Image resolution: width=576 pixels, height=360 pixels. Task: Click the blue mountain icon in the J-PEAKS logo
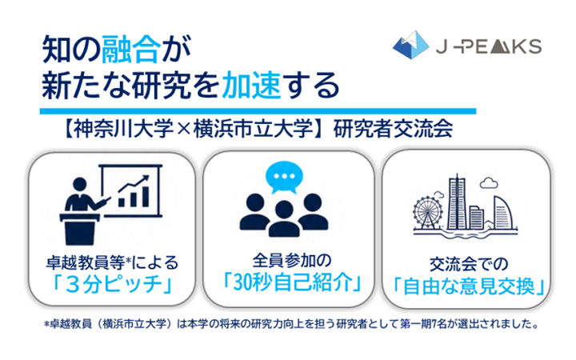410,45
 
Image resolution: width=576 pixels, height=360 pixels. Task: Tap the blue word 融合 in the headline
131,50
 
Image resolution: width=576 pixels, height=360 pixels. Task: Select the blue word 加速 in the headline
252,86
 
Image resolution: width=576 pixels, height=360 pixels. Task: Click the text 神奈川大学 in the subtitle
124,129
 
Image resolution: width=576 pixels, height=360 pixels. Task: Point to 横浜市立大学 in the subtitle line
253,129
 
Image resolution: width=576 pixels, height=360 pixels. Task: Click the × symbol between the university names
184,130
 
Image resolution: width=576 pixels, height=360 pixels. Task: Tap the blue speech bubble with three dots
284,178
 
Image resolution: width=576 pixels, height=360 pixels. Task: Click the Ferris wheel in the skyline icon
427,213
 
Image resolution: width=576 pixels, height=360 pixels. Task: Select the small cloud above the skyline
489,182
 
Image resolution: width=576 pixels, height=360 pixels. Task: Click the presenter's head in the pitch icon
80,184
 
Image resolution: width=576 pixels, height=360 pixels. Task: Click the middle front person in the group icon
284,219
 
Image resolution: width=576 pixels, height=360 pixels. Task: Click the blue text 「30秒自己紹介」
292,282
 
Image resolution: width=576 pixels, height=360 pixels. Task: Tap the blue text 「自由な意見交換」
469,286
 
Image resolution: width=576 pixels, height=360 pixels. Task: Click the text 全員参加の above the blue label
292,261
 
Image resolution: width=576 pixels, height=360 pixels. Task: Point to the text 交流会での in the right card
469,264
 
